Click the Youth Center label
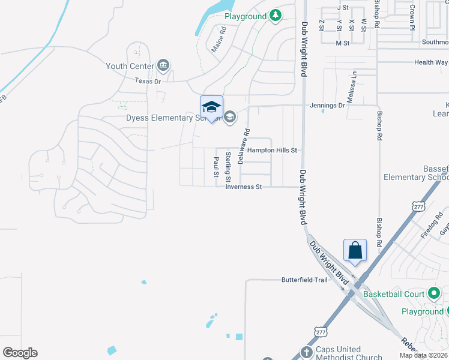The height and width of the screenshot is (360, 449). (x=129, y=66)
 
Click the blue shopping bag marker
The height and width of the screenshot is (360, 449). (x=355, y=250)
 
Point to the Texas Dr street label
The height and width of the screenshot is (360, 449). (x=148, y=80)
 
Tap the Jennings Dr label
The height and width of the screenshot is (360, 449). (x=328, y=106)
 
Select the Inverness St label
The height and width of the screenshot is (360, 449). (x=244, y=187)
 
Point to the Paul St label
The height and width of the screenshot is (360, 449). (x=216, y=167)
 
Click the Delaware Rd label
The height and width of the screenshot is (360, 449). (x=243, y=146)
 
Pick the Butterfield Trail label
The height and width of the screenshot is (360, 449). (x=305, y=280)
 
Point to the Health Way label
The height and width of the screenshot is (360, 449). (x=431, y=62)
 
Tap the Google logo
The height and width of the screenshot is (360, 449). (x=20, y=353)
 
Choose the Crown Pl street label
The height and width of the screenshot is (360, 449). (x=413, y=17)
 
